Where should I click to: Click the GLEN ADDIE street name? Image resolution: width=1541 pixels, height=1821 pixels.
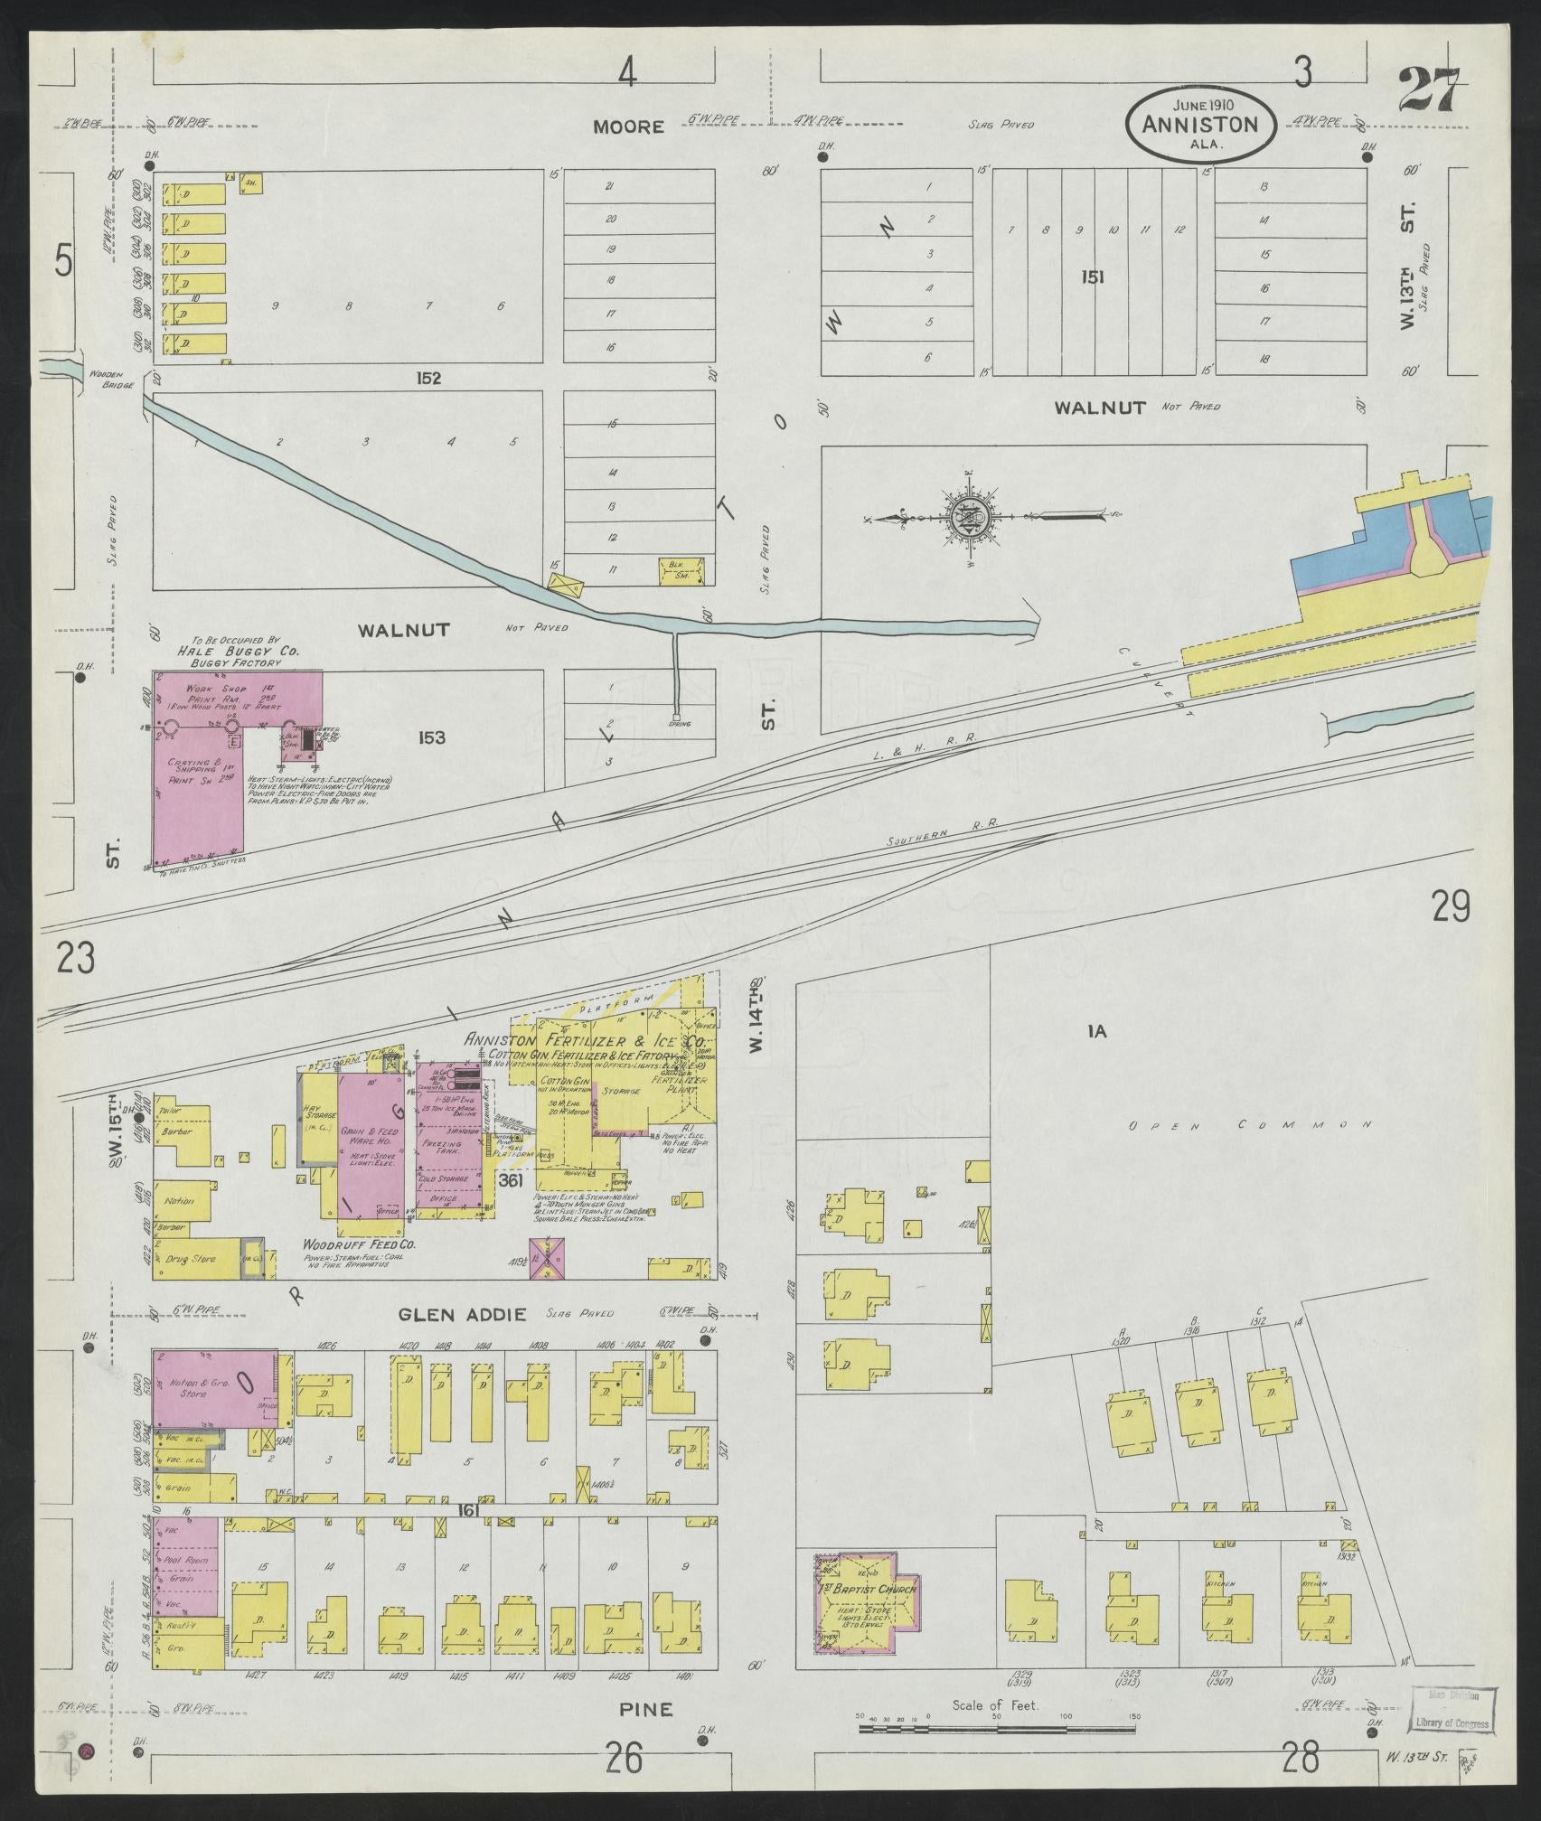[462, 1314]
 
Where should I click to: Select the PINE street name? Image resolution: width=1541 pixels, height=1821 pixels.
[646, 1709]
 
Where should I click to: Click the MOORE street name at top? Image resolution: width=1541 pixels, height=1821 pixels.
[628, 127]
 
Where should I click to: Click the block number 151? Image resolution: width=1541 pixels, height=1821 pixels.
[1092, 277]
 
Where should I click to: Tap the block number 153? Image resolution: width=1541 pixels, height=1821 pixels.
[431, 738]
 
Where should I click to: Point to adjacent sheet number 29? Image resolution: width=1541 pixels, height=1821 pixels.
[1451, 906]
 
